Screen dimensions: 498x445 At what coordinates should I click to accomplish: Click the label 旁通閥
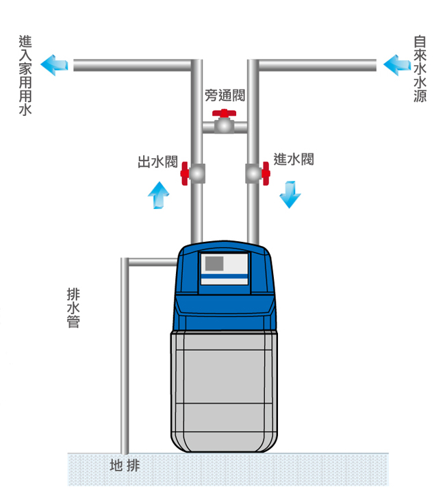coord(225,96)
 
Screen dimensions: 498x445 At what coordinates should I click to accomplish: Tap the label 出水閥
coord(158,162)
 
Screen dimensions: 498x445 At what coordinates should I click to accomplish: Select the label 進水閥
coord(293,160)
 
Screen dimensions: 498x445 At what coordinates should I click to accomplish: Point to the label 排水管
coord(73,307)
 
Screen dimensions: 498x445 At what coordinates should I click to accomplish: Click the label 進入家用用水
coord(25,75)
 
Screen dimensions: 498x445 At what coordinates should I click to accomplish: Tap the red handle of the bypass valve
coord(224,114)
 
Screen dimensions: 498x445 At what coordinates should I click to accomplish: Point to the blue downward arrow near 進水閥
coord(290,194)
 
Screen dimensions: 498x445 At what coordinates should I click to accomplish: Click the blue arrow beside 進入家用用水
coord(54,65)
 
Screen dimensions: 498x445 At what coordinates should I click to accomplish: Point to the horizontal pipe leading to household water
coord(130,66)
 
